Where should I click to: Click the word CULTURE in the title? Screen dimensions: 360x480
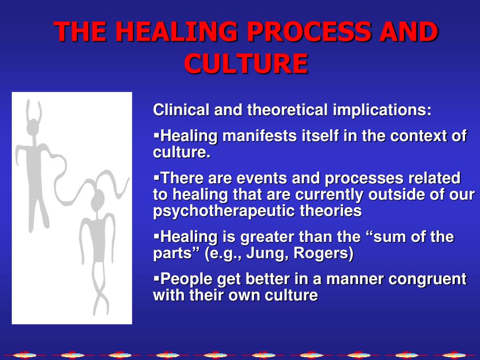pos(246,64)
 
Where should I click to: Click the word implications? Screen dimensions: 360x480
pos(382,110)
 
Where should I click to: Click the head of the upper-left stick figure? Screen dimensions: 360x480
pos(33,128)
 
